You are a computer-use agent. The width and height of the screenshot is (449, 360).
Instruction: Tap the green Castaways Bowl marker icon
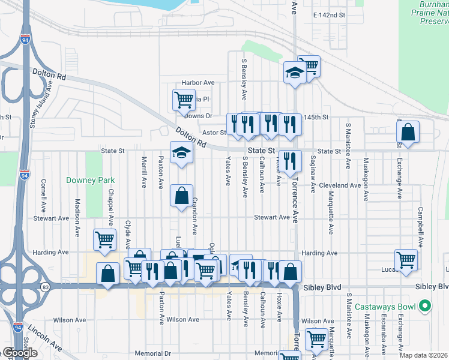pyautogui.click(x=426, y=307)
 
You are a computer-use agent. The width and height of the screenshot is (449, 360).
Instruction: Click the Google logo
pyautogui.click(x=20, y=353)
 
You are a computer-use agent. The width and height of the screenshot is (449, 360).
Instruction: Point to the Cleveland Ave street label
pyautogui.click(x=340, y=185)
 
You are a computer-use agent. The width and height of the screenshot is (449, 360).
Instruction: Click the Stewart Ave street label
pyautogui.click(x=271, y=217)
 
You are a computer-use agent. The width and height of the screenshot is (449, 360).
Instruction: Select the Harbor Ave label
pyautogui.click(x=198, y=83)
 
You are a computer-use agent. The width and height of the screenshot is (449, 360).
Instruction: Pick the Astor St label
pyautogui.click(x=214, y=133)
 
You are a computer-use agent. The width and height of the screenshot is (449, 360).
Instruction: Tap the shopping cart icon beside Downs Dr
pyautogui.click(x=183, y=99)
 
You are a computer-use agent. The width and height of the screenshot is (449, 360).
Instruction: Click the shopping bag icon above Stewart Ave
pyautogui.click(x=181, y=195)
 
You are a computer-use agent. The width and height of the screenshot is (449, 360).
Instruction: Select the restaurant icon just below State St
pyautogui.click(x=290, y=160)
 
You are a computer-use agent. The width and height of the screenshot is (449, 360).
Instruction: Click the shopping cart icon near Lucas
pyautogui.click(x=406, y=260)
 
